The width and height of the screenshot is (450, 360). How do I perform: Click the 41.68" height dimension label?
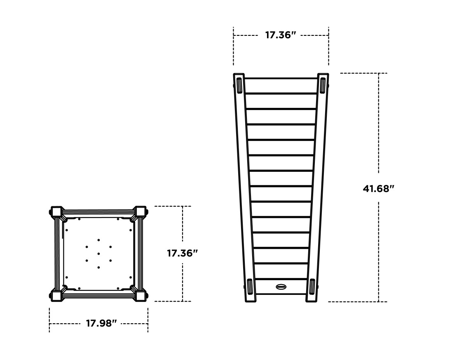pyautogui.click(x=378, y=189)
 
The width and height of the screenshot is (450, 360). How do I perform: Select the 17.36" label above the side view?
pyautogui.click(x=280, y=35)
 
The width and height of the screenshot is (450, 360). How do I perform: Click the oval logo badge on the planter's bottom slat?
pyautogui.click(x=281, y=287)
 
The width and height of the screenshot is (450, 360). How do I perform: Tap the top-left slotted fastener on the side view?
pyautogui.click(x=239, y=85)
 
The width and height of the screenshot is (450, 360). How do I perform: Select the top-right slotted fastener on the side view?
pyautogui.click(x=323, y=85)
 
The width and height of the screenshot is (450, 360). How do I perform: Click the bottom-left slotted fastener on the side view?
pyautogui.click(x=250, y=286)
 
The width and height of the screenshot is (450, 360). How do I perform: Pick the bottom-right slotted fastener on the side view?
pyautogui.click(x=312, y=286)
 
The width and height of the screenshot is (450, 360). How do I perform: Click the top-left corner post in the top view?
pyautogui.click(x=56, y=212)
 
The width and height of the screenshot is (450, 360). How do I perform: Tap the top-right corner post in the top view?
pyautogui.click(x=140, y=212)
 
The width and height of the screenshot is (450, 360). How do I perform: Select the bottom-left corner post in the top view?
pyautogui.click(x=56, y=295)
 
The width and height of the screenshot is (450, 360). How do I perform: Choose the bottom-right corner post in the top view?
pyautogui.click(x=140, y=295)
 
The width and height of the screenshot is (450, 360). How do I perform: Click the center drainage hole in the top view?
pyautogui.click(x=98, y=254)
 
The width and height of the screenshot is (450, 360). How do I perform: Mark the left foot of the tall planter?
pyautogui.click(x=251, y=299)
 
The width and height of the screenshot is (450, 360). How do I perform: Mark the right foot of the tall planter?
pyautogui.click(x=311, y=299)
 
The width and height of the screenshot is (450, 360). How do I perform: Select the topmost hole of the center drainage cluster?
pyautogui.click(x=98, y=240)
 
